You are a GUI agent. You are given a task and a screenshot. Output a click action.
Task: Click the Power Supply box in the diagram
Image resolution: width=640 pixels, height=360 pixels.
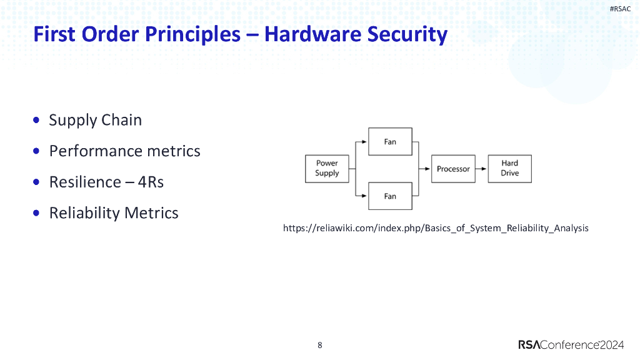(x=327, y=169)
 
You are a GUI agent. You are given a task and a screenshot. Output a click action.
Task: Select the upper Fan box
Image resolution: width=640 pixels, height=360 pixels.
(x=390, y=142)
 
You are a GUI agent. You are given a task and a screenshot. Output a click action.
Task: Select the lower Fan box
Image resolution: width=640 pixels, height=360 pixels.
(x=390, y=196)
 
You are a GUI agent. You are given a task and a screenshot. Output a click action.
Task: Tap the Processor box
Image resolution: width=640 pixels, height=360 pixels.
(x=453, y=169)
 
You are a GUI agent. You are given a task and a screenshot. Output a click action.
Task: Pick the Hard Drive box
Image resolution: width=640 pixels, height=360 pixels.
(x=509, y=169)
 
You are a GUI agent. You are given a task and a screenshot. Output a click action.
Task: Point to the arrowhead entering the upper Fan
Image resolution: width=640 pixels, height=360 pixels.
(x=365, y=142)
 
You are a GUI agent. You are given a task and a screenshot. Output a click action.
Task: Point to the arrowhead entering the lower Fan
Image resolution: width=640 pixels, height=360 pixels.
(x=365, y=196)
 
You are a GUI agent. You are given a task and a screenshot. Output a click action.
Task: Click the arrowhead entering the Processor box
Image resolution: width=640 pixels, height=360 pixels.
(x=428, y=169)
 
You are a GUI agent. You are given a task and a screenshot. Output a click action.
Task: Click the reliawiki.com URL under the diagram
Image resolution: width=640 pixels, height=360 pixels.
(x=436, y=228)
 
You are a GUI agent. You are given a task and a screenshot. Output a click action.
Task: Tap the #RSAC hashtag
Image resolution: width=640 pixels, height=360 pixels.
(x=620, y=9)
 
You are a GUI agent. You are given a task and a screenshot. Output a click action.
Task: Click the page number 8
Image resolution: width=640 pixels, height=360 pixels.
(x=320, y=345)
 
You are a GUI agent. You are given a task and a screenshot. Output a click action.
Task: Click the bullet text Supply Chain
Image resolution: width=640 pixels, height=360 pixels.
(x=95, y=120)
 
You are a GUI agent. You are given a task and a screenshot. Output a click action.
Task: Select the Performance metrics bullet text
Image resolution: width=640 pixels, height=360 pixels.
(x=124, y=151)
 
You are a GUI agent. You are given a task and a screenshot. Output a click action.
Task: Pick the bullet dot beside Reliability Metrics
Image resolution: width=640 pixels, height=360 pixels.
(x=37, y=213)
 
